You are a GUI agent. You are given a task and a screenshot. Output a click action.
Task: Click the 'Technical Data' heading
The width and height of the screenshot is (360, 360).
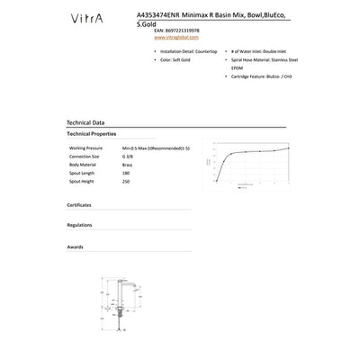[x=85, y=121]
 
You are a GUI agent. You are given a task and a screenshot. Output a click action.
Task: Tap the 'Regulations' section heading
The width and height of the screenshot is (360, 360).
[x=80, y=225]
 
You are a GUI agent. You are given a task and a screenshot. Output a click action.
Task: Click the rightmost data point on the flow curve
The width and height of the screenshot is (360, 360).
[x=288, y=148]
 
